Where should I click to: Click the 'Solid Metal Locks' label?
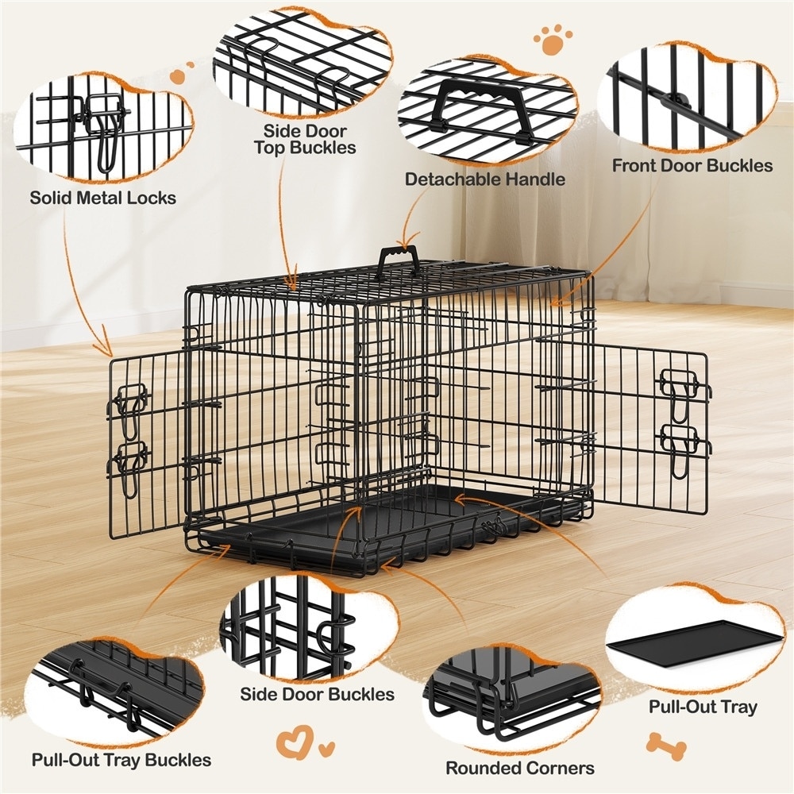point(102,198)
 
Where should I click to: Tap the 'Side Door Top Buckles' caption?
point(305,139)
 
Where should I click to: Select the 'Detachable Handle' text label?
point(484,179)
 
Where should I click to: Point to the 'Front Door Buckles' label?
point(692,166)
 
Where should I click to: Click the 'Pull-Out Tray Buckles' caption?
point(121,760)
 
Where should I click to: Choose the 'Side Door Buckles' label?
point(317,694)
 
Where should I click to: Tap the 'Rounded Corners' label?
point(520,768)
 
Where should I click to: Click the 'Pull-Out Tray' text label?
point(703,707)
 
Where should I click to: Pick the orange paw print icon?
point(553,39)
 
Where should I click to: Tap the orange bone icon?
point(666,744)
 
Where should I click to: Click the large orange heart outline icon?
point(295,742)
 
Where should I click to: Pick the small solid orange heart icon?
point(327,747)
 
